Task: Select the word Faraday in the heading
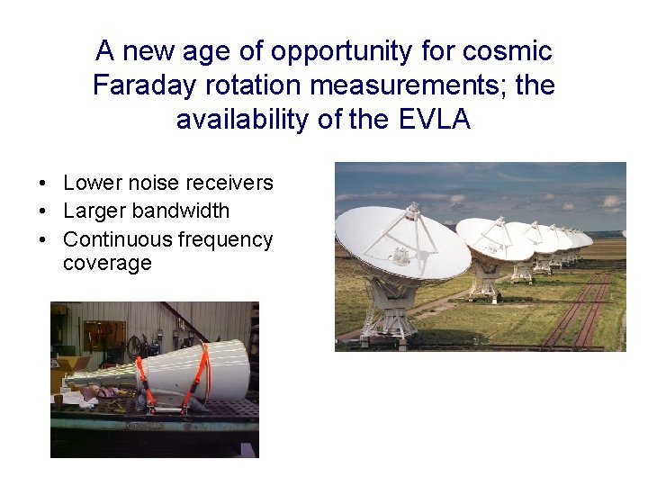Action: click(x=143, y=85)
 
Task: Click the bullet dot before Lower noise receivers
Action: click(x=43, y=184)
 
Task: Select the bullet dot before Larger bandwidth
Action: click(x=43, y=211)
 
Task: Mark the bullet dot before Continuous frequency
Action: click(x=43, y=240)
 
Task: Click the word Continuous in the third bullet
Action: click(x=118, y=239)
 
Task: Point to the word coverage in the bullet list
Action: click(x=107, y=263)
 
